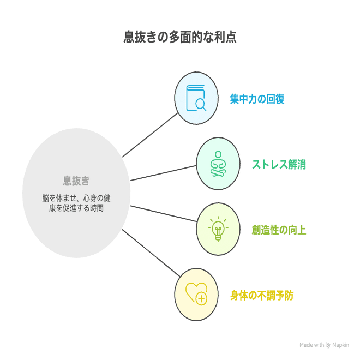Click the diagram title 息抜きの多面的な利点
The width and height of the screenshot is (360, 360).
tap(180, 37)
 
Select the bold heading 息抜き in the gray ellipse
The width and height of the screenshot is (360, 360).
tap(76, 181)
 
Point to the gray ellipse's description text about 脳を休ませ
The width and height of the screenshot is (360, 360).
tap(76, 202)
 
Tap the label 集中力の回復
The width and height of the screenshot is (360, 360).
tap(257, 99)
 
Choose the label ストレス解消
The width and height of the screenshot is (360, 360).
tap(279, 164)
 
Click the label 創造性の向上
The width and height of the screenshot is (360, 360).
tap(279, 230)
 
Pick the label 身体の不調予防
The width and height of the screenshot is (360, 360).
tap(261, 296)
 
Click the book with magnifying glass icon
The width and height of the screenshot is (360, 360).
tap(196, 99)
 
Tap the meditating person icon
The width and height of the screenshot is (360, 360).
tap(218, 164)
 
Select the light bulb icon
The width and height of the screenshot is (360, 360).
tap(218, 229)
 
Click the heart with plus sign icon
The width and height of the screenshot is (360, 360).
tap(196, 295)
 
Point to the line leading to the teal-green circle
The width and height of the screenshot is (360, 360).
tap(163, 172)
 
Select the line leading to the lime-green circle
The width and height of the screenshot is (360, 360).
tap(163, 213)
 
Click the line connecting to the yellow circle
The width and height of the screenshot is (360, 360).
tap(151, 253)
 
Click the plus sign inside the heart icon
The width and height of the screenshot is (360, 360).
tap(201, 298)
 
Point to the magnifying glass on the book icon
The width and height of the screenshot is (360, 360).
tap(201, 104)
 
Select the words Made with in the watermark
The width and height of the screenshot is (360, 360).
tap(312, 345)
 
